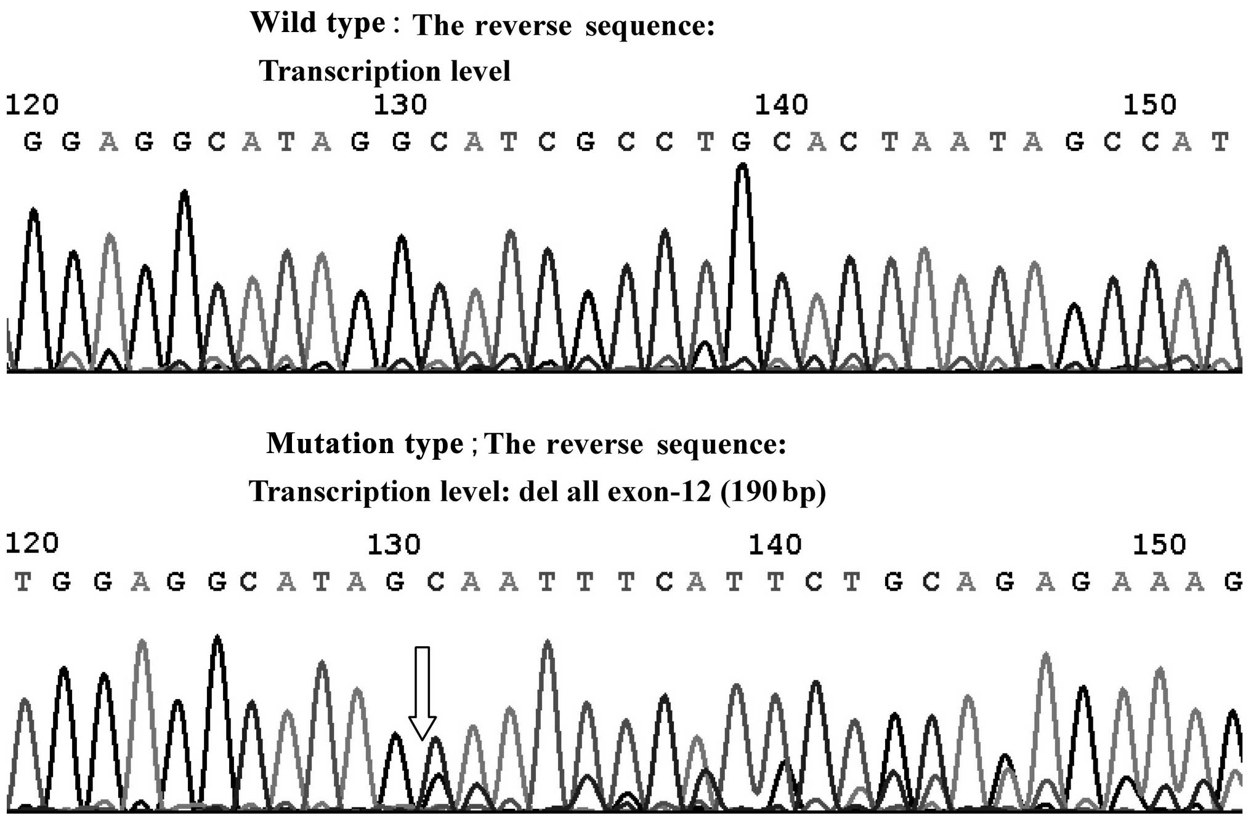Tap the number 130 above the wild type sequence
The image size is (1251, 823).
tap(400, 105)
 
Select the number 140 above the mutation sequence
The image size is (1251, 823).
tap(775, 544)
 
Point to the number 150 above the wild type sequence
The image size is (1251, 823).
tap(1149, 105)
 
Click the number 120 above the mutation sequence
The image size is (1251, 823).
tap(32, 543)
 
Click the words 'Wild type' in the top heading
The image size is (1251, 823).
tap(317, 24)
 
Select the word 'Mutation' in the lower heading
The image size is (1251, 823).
tap(330, 444)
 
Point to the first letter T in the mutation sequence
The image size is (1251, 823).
tap(23, 582)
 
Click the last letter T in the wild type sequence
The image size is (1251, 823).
tap(1220, 142)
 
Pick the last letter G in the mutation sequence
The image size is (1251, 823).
tap(1233, 582)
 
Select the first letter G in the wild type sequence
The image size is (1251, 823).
tap(33, 142)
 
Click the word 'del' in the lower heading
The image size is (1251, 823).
tap(536, 492)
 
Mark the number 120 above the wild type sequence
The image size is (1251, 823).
tap(32, 105)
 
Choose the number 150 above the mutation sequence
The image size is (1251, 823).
tap(1159, 544)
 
